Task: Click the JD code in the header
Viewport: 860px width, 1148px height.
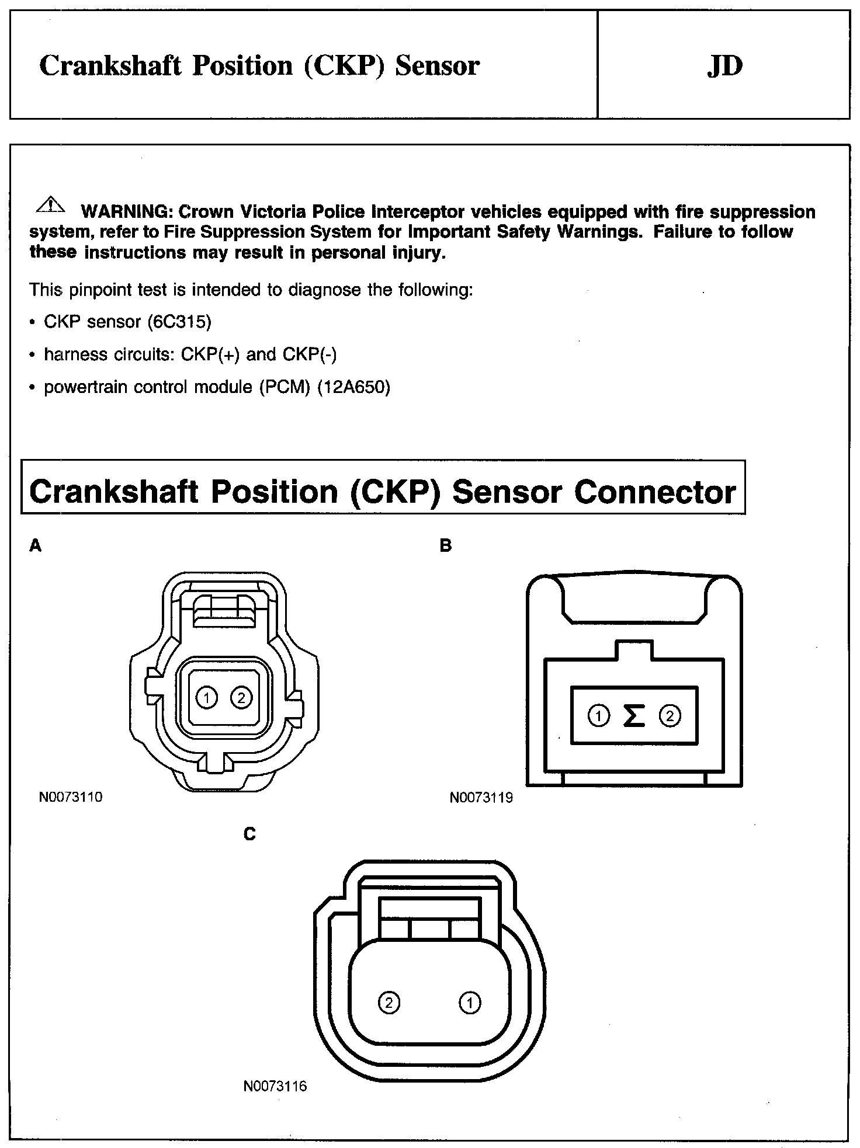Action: tap(724, 66)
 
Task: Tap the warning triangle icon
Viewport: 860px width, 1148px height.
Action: tap(51, 204)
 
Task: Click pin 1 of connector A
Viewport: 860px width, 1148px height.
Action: tap(206, 697)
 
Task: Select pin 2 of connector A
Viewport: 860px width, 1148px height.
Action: tap(241, 697)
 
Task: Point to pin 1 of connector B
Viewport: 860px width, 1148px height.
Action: tap(598, 715)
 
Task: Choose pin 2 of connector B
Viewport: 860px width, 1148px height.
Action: tap(670, 715)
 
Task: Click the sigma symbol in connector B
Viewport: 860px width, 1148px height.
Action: tap(634, 715)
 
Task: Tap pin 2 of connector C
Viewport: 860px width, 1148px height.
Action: tap(389, 1003)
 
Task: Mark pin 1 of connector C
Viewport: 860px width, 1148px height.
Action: tap(470, 1003)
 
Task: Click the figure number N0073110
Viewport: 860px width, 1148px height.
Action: tap(71, 797)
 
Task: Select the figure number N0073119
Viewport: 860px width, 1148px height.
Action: tap(481, 798)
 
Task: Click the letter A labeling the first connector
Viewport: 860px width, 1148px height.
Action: tap(36, 546)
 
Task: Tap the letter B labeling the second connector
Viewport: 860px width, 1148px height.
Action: tap(446, 546)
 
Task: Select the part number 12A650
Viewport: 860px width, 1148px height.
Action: tap(353, 387)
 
